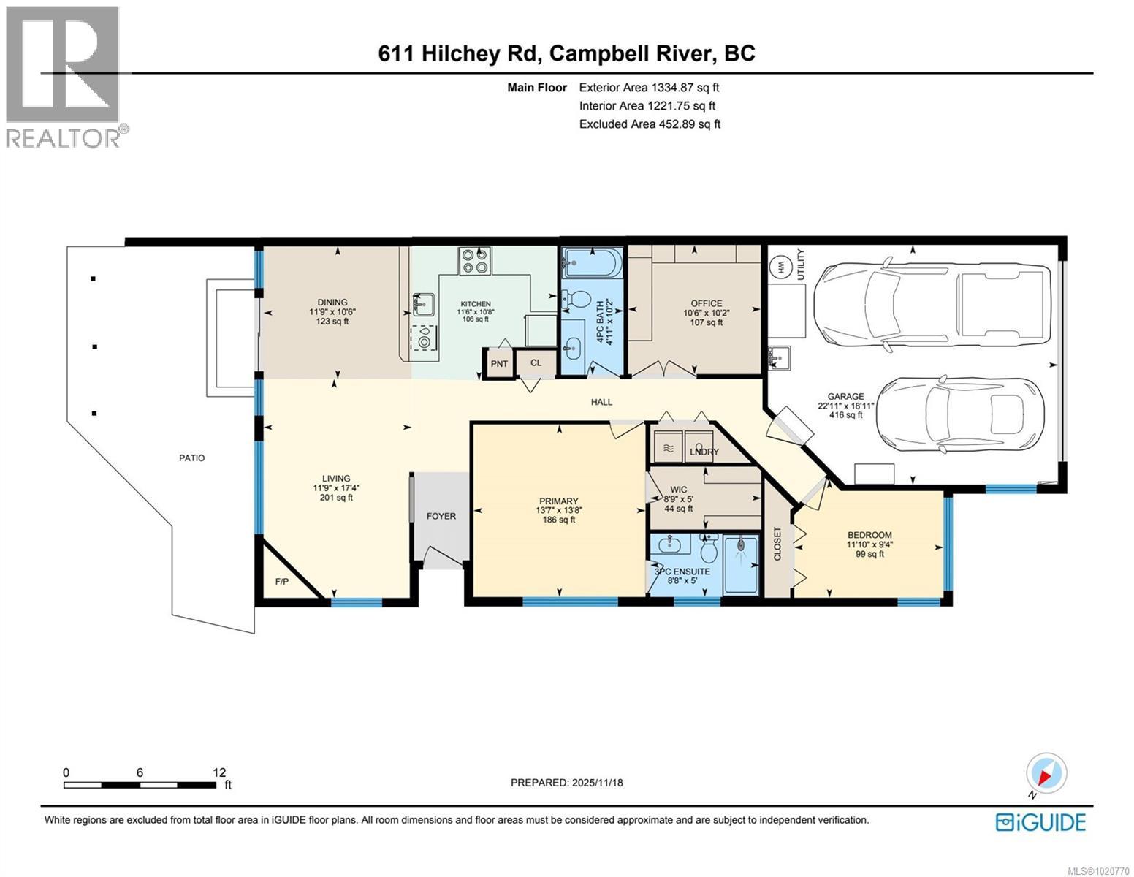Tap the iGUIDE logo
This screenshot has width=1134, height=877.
click(1040, 822)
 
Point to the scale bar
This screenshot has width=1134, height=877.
click(140, 785)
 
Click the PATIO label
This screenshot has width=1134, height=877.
click(192, 458)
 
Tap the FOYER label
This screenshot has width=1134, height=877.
click(441, 516)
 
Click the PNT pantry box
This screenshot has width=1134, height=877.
click(499, 363)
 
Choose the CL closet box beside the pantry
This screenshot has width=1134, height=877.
click(536, 363)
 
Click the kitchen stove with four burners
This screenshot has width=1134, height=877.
click(475, 261)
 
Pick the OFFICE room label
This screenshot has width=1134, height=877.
click(706, 303)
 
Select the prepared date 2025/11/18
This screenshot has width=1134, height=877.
click(566, 783)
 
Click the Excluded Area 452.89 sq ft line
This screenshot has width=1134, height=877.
click(650, 124)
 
